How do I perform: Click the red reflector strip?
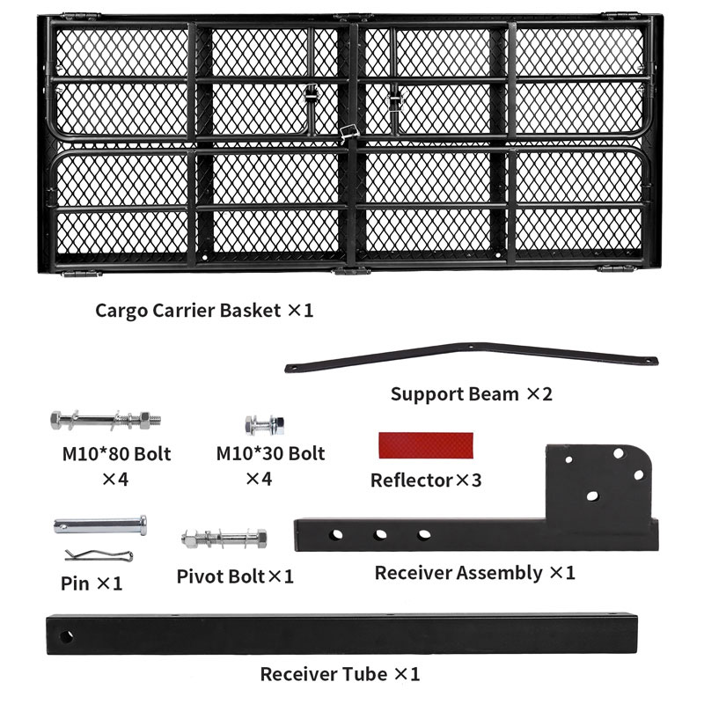tap(426, 445)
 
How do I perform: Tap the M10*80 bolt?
tap(106, 421)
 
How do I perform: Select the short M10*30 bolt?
tap(265, 425)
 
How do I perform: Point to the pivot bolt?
tap(224, 538)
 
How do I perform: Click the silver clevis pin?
tap(100, 524)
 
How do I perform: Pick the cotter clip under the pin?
tap(99, 555)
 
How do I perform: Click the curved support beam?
tap(472, 351)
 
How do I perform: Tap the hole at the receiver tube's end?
tap(66, 636)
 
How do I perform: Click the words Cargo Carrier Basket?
tap(188, 311)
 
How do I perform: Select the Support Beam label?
tap(455, 394)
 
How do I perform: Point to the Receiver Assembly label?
tap(458, 574)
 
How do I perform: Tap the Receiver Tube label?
tap(324, 674)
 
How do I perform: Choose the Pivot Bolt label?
tap(221, 576)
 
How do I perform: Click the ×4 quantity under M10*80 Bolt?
tap(115, 480)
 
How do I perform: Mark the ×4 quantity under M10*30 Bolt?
tap(259, 479)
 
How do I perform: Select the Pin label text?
tap(75, 583)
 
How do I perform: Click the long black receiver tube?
tap(341, 634)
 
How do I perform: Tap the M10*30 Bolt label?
tap(270, 453)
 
